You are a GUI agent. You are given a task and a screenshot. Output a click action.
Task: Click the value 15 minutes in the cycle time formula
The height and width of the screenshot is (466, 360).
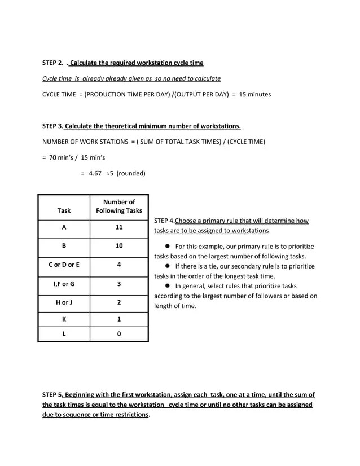pos(255,94)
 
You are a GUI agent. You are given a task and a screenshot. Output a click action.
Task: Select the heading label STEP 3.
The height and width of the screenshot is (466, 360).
pos(52,126)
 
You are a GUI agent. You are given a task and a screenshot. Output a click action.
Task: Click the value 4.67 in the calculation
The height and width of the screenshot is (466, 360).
pos(95,173)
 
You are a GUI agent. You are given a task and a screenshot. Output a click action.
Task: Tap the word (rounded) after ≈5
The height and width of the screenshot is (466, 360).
pos(131,173)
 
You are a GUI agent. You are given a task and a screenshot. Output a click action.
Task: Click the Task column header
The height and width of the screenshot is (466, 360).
pos(64,210)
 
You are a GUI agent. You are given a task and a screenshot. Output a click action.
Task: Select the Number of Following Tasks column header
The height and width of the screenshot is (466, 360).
pos(118,206)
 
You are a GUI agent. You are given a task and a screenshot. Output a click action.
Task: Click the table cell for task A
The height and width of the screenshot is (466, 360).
pos(64,227)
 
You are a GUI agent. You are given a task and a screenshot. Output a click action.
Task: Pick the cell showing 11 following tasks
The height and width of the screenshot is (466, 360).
pos(118,227)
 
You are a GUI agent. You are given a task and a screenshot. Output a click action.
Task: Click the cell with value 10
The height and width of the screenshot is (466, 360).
pos(118,246)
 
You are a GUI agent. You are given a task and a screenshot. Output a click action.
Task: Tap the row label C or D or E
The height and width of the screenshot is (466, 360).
pos(64,265)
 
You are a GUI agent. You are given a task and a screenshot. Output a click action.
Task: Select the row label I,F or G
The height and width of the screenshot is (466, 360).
pos(64,284)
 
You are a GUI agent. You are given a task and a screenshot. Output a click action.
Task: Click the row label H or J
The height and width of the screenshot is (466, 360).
pos(64,302)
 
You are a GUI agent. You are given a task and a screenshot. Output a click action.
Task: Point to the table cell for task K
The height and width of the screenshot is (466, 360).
pos(64,319)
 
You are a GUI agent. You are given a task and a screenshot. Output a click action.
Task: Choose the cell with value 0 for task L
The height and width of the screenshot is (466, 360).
pos(118,334)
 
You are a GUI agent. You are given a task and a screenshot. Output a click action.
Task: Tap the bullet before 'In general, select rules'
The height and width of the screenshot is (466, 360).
pos(168,286)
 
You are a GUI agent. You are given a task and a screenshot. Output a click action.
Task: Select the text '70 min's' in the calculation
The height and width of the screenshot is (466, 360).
pos(63,157)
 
